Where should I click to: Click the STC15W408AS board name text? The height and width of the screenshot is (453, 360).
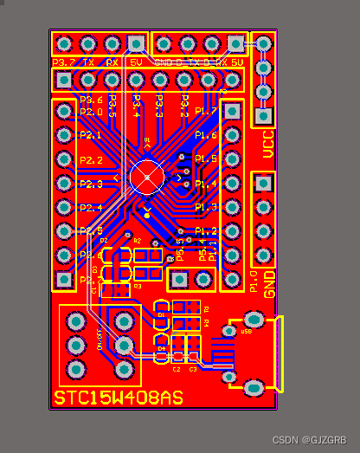(119, 398)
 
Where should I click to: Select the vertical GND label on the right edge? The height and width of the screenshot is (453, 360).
(269, 283)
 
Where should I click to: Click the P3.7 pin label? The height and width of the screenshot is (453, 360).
(64, 63)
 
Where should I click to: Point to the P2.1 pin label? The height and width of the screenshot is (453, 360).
(91, 136)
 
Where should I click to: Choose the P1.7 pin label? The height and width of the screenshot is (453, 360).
(205, 111)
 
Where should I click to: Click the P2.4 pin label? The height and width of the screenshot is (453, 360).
(91, 208)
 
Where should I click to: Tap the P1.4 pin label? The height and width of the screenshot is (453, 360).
(205, 184)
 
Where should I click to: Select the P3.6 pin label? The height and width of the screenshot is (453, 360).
(91, 100)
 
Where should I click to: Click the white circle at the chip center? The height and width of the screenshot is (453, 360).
(147, 177)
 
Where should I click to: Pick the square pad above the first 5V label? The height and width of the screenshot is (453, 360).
(136, 43)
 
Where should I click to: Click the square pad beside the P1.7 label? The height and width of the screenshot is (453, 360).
(232, 111)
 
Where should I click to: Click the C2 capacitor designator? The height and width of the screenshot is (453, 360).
(176, 369)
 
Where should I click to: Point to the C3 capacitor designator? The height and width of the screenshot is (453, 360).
(193, 369)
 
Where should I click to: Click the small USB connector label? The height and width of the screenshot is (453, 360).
(246, 331)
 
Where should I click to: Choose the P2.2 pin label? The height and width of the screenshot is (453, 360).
(91, 160)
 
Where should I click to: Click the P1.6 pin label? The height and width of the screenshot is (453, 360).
(205, 136)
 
